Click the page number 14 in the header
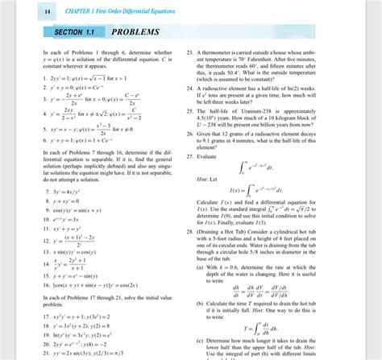point(25,10)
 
